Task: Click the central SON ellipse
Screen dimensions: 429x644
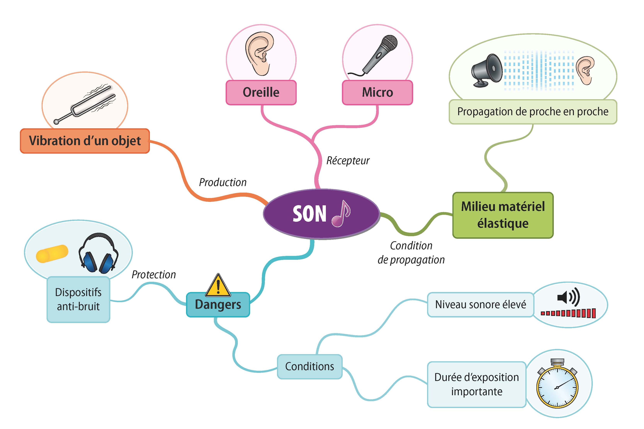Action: click(x=309, y=214)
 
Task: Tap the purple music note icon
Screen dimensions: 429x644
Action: click(x=341, y=214)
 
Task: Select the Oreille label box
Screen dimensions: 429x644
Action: click(x=261, y=92)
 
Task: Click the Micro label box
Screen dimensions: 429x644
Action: click(x=377, y=92)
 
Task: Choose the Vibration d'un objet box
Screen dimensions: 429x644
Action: click(x=85, y=141)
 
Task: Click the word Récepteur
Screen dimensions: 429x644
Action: click(x=348, y=161)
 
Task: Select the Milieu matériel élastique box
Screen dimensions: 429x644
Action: click(x=503, y=215)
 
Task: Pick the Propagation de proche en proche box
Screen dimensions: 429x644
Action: click(x=533, y=112)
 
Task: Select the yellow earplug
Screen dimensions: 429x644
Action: click(x=52, y=254)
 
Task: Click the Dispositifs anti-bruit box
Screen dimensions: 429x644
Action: click(x=78, y=299)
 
